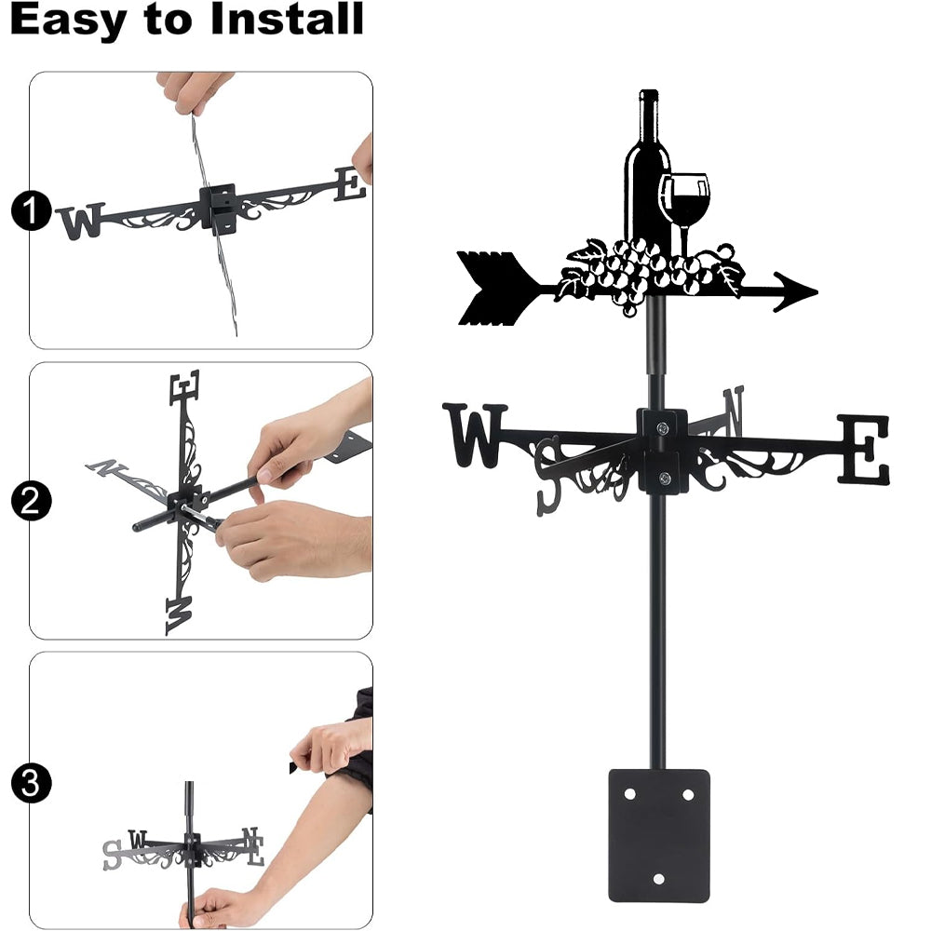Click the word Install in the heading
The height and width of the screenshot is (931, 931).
pyautogui.click(x=287, y=19)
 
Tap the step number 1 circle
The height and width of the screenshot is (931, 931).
pyautogui.click(x=31, y=210)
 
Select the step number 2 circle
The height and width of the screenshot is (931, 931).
pyautogui.click(x=31, y=501)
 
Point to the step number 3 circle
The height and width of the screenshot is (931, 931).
pyautogui.click(x=31, y=783)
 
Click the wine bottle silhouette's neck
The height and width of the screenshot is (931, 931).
pyautogui.click(x=648, y=113)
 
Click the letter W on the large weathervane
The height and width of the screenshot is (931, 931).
pyautogui.click(x=475, y=435)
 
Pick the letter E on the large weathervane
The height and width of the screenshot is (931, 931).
pyautogui.click(x=863, y=449)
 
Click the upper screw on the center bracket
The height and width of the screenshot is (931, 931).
pyautogui.click(x=663, y=427)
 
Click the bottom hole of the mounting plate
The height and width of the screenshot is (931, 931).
pyautogui.click(x=658, y=879)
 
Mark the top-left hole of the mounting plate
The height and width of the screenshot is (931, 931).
pyautogui.click(x=629, y=794)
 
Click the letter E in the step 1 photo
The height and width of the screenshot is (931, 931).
pyautogui.click(x=350, y=184)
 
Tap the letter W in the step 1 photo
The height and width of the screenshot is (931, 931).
pyautogui.click(x=81, y=222)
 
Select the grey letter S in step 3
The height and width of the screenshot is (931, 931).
pyautogui.click(x=112, y=855)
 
